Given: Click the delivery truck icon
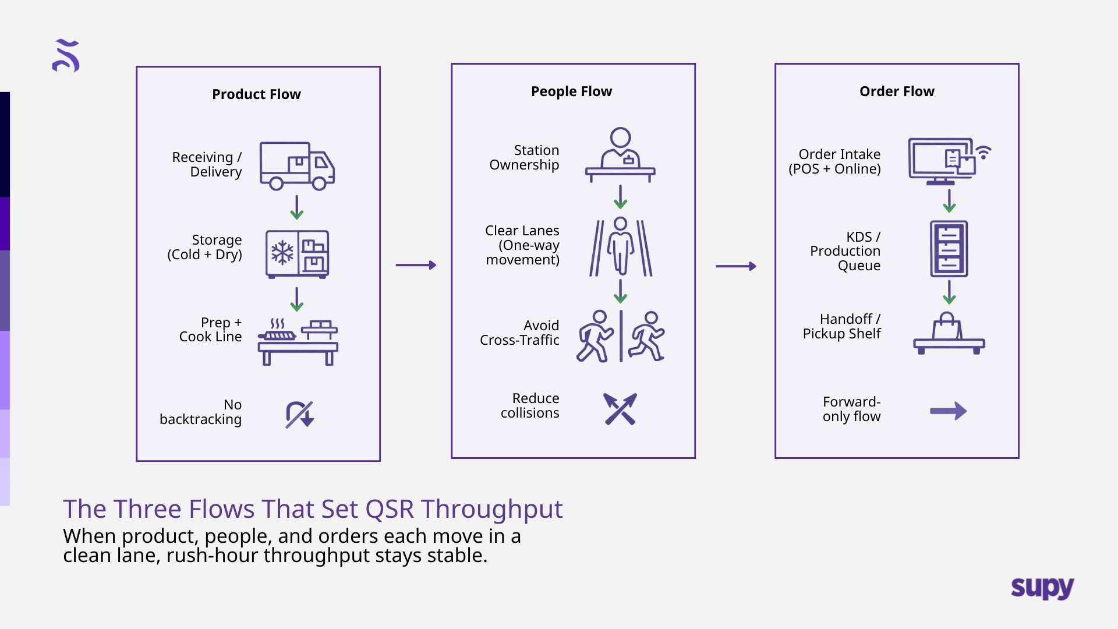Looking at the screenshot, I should click(x=297, y=166).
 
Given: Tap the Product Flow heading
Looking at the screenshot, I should click(x=256, y=94).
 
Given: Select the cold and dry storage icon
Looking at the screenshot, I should click(x=297, y=254).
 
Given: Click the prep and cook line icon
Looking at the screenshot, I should click(x=298, y=342).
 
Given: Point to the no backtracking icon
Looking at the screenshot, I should click(x=299, y=414).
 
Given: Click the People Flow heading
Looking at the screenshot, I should click(x=571, y=91).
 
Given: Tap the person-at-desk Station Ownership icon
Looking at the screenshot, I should click(x=620, y=156).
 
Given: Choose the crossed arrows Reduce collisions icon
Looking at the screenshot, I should click(x=620, y=409).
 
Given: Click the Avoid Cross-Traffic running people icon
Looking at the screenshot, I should click(x=620, y=337).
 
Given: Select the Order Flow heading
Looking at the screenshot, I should click(x=897, y=91).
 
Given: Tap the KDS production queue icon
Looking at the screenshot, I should click(x=949, y=249).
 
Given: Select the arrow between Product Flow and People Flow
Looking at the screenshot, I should click(x=416, y=265).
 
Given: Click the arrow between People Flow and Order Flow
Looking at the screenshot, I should click(x=735, y=266).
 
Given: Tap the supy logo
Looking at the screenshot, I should click(x=1042, y=588).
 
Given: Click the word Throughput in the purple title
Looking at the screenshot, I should click(x=492, y=509).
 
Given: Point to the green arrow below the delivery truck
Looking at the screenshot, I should click(x=297, y=207).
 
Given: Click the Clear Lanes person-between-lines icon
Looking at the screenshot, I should click(x=621, y=247).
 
